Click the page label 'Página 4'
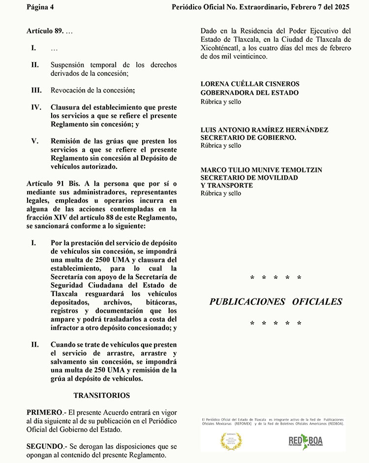click(x=40, y=7)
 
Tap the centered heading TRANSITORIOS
click(x=102, y=395)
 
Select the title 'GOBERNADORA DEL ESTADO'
click(x=249, y=93)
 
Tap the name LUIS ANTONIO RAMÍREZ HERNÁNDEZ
click(x=264, y=130)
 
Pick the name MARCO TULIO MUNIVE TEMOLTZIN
click(x=261, y=169)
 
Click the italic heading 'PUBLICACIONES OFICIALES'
click(x=276, y=301)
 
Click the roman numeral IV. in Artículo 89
click(x=36, y=107)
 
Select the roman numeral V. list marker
click(x=34, y=141)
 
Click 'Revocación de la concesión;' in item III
click(x=92, y=90)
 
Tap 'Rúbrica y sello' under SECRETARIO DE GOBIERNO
click(x=221, y=146)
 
